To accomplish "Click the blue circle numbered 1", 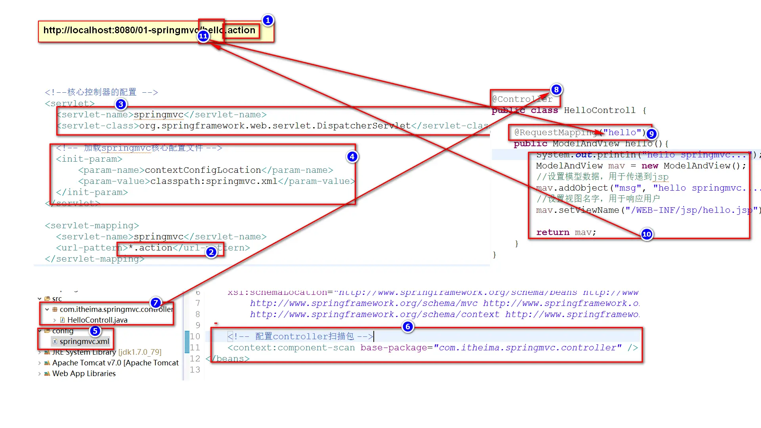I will pyautogui.click(x=268, y=20).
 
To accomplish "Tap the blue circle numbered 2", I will pyautogui.click(x=211, y=252).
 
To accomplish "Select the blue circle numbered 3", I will pyautogui.click(x=121, y=105).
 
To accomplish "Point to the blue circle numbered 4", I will pyautogui.click(x=352, y=157).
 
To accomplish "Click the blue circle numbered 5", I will pyautogui.click(x=95, y=331).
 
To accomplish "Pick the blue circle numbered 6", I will pyautogui.click(x=407, y=327).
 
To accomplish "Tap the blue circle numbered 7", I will pyautogui.click(x=156, y=303).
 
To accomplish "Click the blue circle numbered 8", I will pyautogui.click(x=556, y=90).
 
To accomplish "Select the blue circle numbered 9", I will pyautogui.click(x=651, y=134).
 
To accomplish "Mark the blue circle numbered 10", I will pyautogui.click(x=646, y=234).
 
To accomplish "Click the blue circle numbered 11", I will pyautogui.click(x=203, y=36).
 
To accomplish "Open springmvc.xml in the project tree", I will pyautogui.click(x=84, y=342).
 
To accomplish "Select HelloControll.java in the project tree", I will pyautogui.click(x=97, y=320).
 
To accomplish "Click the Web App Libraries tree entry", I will pyautogui.click(x=84, y=373).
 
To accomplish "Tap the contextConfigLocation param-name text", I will pyautogui.click(x=203, y=170).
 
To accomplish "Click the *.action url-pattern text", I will pyautogui.click(x=151, y=248).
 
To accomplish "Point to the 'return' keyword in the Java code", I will pyautogui.click(x=553, y=232).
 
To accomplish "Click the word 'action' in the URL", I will pyautogui.click(x=241, y=30).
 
